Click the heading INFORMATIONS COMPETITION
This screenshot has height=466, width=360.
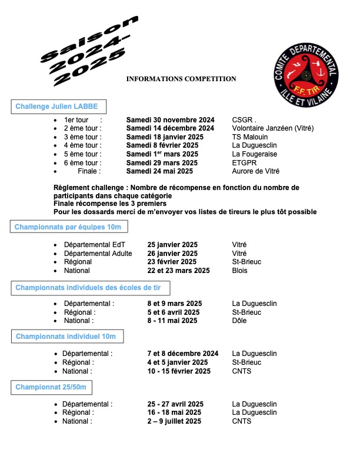(181, 79)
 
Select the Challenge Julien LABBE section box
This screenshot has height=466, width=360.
(58, 107)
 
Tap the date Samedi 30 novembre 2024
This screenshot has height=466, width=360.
(171, 119)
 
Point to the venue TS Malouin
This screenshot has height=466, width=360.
(250, 137)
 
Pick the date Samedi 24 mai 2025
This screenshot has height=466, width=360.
(159, 171)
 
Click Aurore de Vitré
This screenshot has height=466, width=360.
(256, 171)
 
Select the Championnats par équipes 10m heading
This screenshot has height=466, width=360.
(69, 227)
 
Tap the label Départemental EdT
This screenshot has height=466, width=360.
(94, 244)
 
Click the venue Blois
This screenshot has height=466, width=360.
(240, 271)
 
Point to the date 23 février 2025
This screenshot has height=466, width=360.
(172, 262)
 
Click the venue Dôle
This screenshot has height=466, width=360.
(240, 321)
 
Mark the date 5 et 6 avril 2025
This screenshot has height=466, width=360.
(173, 312)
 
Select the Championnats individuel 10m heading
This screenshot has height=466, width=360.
(70, 337)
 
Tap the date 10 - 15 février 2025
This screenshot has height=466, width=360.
(179, 371)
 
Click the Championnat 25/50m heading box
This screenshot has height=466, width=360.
(51, 387)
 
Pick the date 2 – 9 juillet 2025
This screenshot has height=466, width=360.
(174, 421)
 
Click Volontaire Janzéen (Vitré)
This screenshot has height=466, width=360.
(273, 128)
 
